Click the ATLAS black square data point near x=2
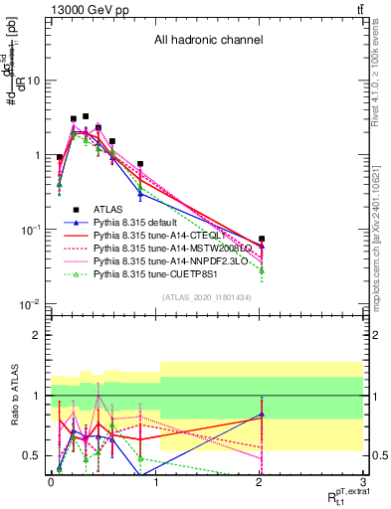click(262, 240)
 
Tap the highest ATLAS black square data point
click(86, 116)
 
